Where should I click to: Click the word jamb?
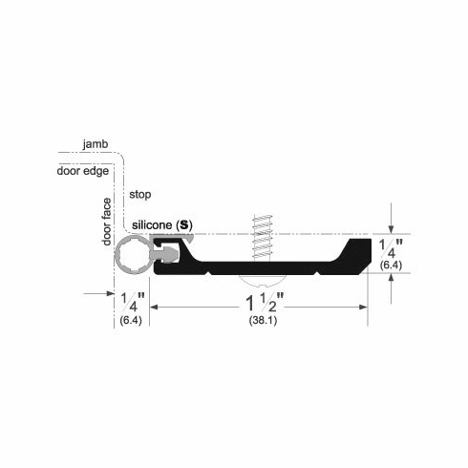95,143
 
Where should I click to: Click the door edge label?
83,172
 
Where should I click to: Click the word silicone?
153,224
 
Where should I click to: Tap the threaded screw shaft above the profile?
262,236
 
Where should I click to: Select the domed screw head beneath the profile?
262,282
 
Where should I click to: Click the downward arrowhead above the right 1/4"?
392,229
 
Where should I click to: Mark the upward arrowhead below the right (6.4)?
392,279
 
